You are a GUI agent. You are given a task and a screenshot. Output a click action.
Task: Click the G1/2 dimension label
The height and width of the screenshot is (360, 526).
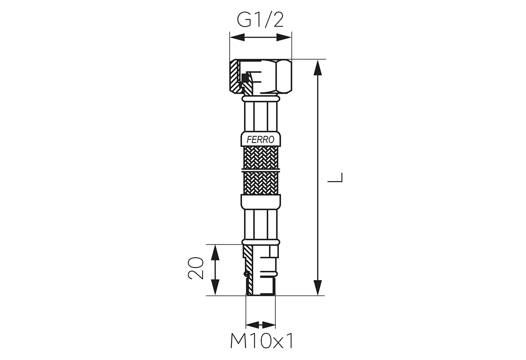pos(260,20)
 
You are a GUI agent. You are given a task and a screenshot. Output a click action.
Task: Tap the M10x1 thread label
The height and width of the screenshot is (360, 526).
pos(262,341)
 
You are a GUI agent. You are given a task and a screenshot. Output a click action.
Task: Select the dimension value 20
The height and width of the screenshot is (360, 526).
pos(195,268)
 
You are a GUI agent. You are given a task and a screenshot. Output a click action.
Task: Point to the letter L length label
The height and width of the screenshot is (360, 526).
pos(335,178)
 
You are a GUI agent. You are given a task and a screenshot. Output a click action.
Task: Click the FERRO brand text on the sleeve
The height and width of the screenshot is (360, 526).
pos(260,140)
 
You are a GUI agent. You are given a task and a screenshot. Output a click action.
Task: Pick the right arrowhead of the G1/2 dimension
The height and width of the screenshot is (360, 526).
pos(284,37)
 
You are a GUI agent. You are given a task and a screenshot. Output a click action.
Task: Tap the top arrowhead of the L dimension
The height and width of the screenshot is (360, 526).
pos(318,68)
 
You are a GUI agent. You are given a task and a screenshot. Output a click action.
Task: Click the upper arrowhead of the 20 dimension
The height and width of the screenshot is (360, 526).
pos(215,253)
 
